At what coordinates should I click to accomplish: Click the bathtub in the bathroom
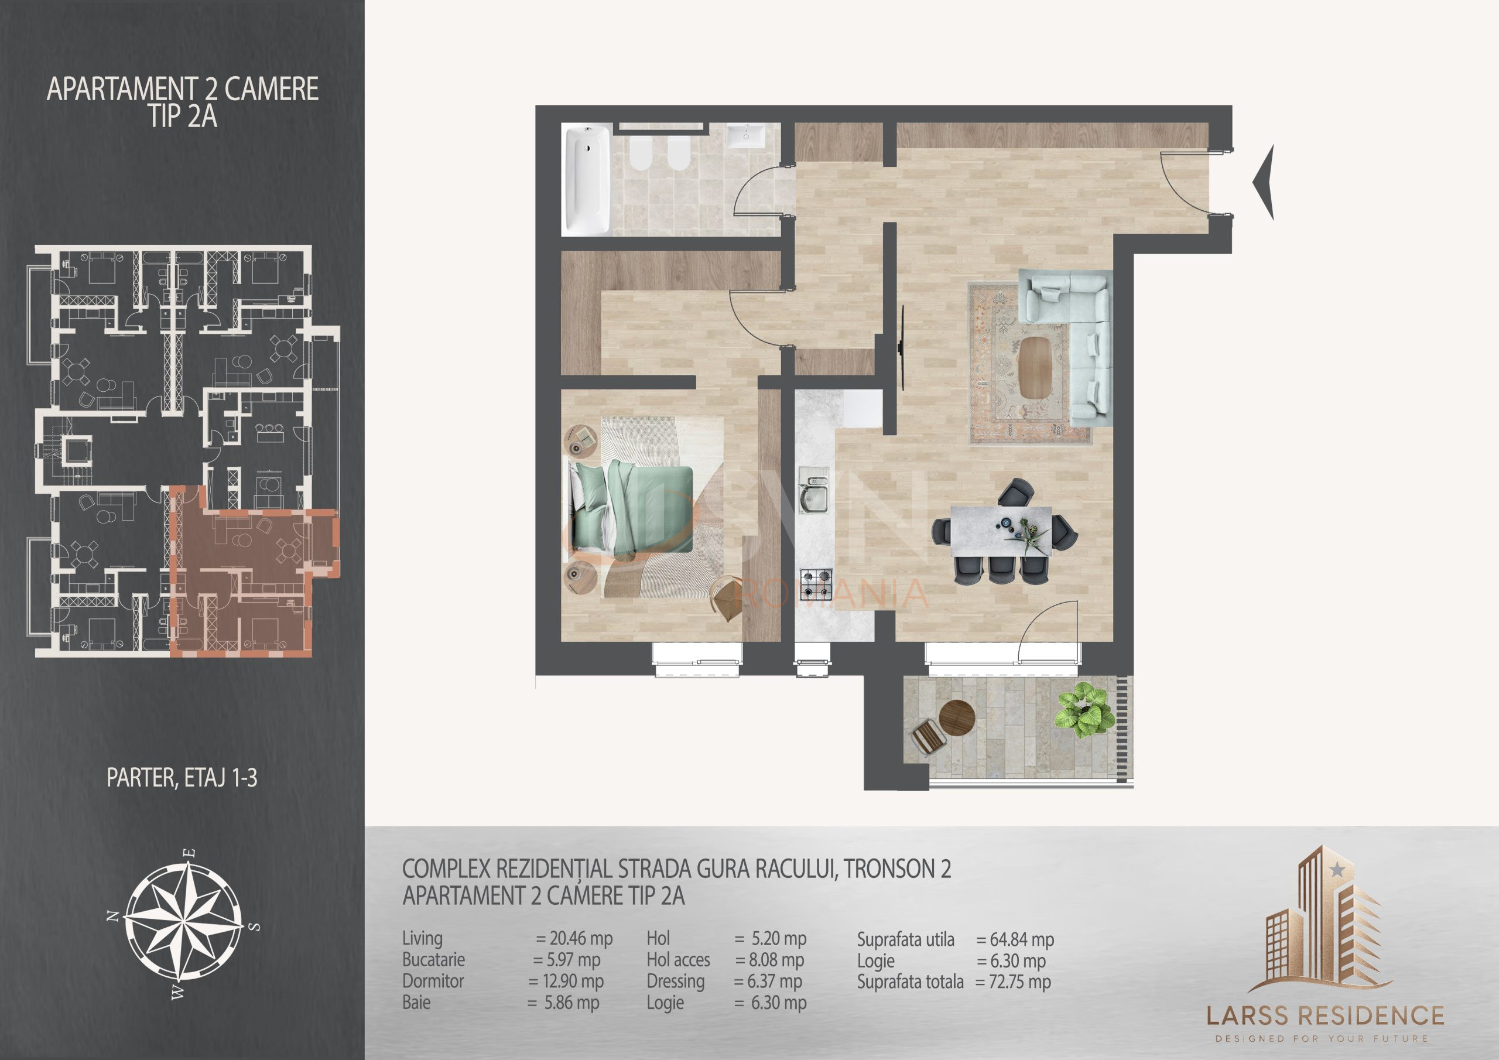pyautogui.click(x=586, y=179)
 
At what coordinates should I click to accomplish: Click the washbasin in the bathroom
pyautogui.click(x=746, y=139)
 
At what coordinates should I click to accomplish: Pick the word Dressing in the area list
pyautogui.click(x=675, y=981)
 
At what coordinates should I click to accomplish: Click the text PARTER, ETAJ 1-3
pyautogui.click(x=182, y=778)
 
